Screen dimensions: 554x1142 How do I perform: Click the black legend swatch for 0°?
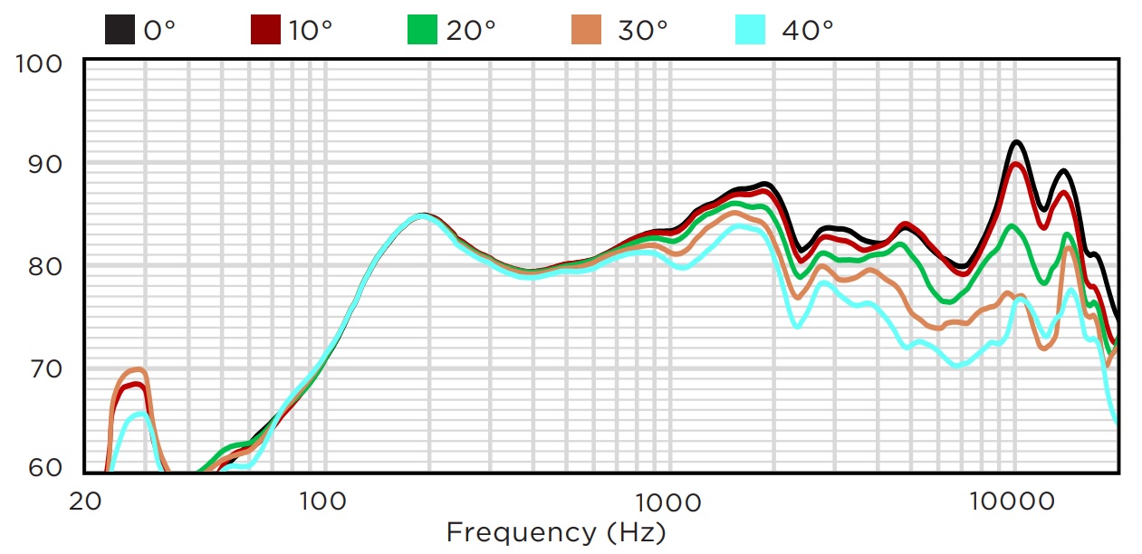point(121,30)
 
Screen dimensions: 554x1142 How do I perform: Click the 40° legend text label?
point(808,30)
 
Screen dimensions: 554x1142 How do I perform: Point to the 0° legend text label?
point(159,30)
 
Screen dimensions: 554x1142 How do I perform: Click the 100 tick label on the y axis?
point(40,63)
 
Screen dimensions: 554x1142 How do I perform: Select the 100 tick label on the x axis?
point(323,500)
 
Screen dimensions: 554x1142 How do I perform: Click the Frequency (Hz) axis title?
point(556,531)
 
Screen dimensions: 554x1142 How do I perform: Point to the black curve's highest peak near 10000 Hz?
point(1016,142)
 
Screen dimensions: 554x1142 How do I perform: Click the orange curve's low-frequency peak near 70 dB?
point(136,369)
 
